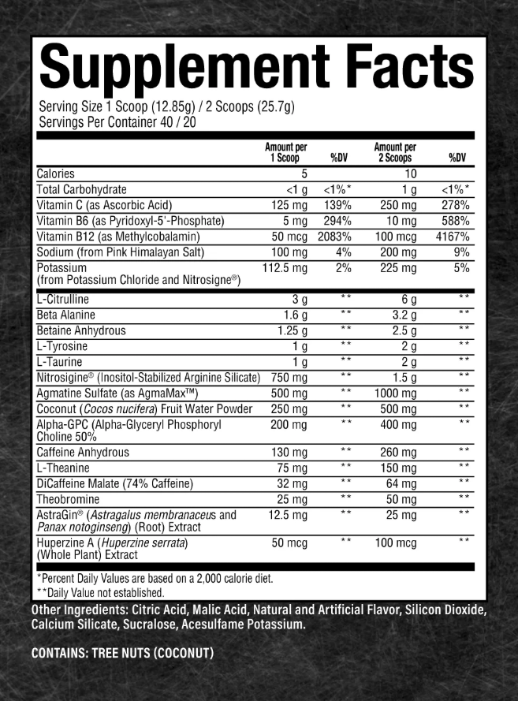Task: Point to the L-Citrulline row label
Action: pyautogui.click(x=63, y=300)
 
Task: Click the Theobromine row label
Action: pyautogui.click(x=68, y=499)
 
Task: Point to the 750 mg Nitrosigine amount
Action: pyautogui.click(x=289, y=378)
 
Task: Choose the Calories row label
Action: pyautogui.click(x=56, y=174)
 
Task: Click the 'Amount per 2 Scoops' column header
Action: pyautogui.click(x=395, y=152)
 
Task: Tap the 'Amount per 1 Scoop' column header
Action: pyautogui.click(x=286, y=152)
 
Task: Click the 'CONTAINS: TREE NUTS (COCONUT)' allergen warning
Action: pyautogui.click(x=122, y=653)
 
